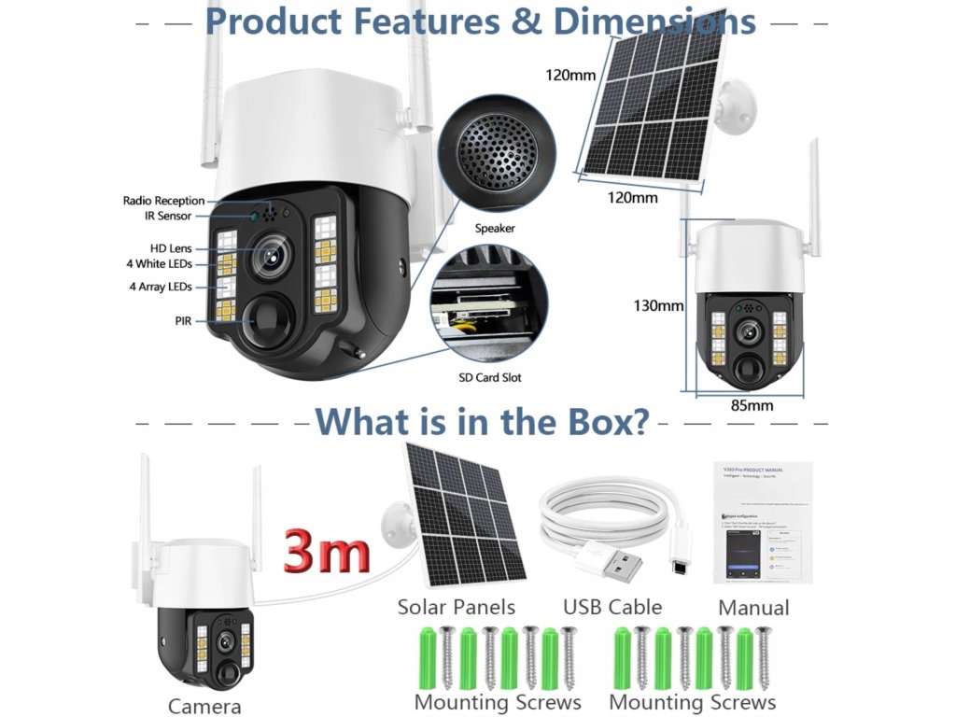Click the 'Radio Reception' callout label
pos(163,201)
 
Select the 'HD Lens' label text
pos(171,248)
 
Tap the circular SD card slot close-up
pos(490,304)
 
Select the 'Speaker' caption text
pos(495,228)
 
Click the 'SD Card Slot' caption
pos(490,377)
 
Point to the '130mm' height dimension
pos(658,305)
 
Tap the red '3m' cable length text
pos(327,551)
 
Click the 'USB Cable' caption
pos(612,607)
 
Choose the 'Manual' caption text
pos(753,608)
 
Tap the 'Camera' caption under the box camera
pos(204,706)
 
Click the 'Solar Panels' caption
pos(456,607)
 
